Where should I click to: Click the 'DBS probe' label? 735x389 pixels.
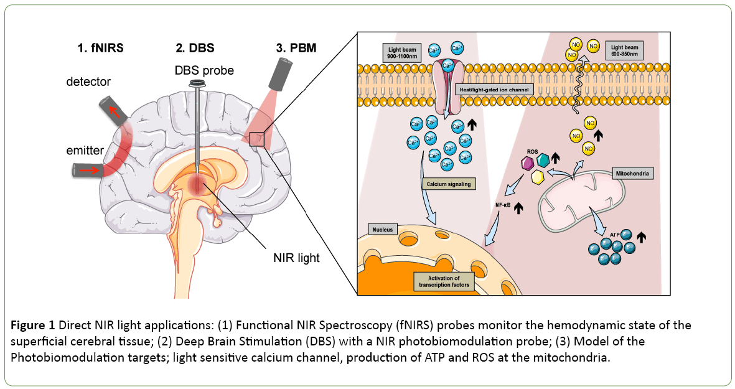pos(204,70)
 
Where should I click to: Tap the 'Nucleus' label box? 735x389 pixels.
pos(383,229)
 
